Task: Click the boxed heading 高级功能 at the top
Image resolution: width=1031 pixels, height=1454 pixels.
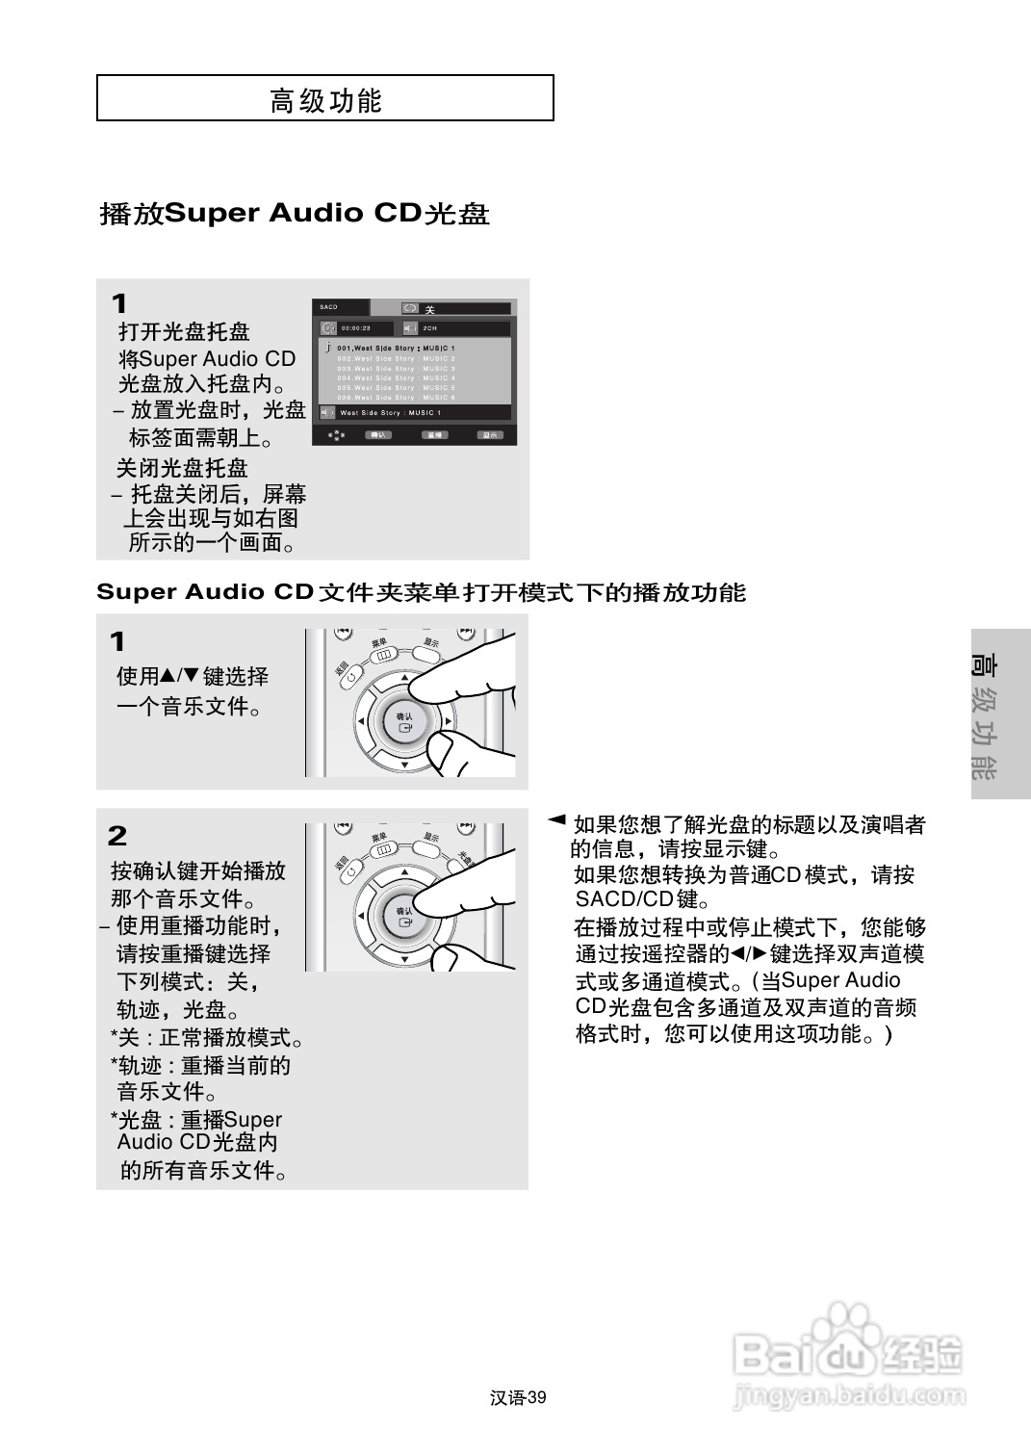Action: pos(325,99)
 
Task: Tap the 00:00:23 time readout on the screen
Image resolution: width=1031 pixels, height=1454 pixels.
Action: pos(355,329)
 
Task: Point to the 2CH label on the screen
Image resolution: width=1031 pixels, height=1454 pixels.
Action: pos(430,329)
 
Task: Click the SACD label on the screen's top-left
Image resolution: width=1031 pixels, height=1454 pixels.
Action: pos(329,307)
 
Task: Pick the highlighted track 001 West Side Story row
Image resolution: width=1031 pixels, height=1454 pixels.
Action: pos(396,348)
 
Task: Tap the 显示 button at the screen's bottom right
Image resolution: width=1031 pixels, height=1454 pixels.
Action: pos(490,435)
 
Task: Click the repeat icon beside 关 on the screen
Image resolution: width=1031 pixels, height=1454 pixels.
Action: pos(410,309)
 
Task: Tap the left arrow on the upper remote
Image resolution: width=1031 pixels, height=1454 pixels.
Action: pos(360,721)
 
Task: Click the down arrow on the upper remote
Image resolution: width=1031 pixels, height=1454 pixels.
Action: pos(404,765)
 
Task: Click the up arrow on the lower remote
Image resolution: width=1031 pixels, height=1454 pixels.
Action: pos(404,872)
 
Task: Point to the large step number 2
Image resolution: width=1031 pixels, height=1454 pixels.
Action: pos(117,835)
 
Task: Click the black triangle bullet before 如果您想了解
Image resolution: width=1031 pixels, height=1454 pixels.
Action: pos(555,820)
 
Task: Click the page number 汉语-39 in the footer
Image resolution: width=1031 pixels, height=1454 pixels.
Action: pos(518,1398)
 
